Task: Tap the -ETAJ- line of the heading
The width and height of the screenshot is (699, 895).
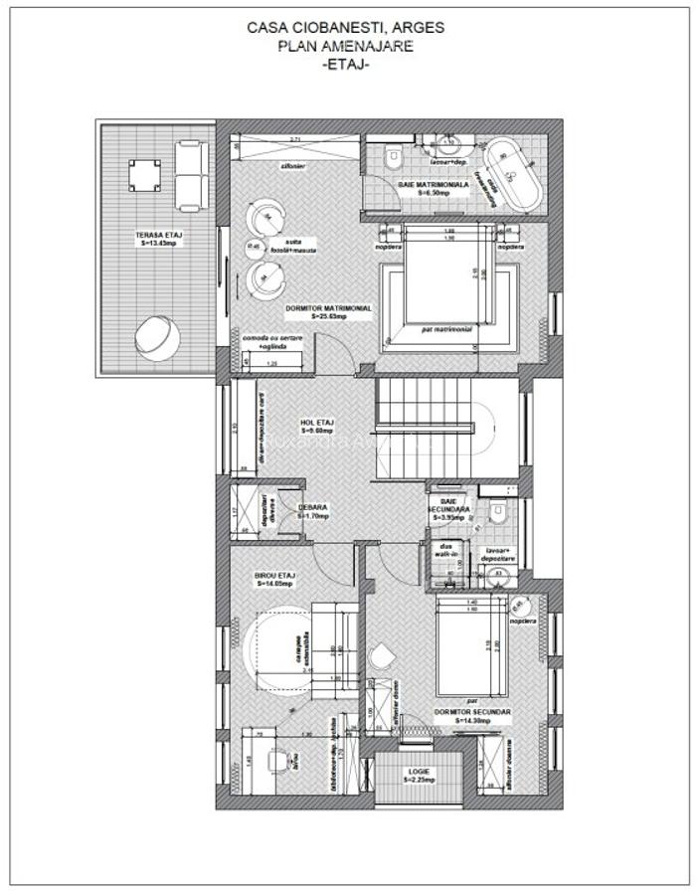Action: pos(346,64)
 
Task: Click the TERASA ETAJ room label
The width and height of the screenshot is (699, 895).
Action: pos(157,238)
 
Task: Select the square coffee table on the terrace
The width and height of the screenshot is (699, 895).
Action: pos(143,176)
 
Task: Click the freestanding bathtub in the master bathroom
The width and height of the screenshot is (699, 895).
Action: pos(513,175)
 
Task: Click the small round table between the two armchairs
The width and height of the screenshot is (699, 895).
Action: pos(254,246)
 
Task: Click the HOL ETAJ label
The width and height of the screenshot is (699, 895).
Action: pos(316,425)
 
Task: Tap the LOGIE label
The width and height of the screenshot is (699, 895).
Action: pos(418,775)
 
